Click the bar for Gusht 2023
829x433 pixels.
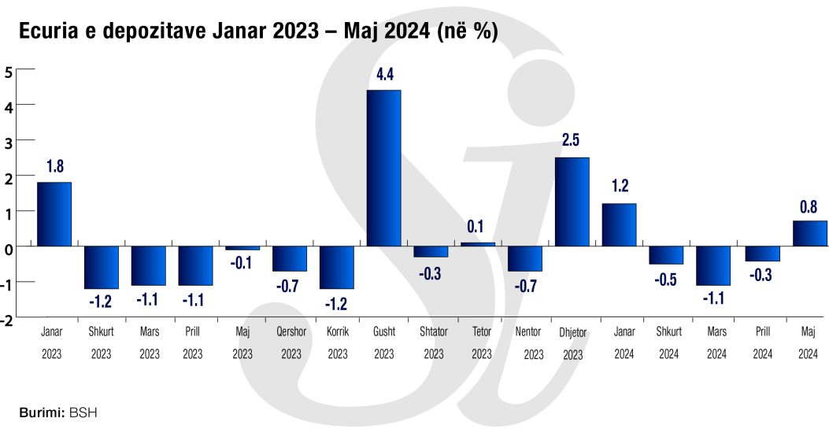point(383,168)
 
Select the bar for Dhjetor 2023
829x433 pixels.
point(572,202)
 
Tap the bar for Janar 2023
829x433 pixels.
point(54,213)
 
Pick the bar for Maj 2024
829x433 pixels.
point(809,233)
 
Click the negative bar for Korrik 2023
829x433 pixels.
point(337,267)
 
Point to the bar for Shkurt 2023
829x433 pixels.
point(102,267)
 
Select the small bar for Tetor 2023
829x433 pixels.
point(478,244)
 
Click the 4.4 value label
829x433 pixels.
point(385,76)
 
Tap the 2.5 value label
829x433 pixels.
point(572,142)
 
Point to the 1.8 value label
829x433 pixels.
point(55,167)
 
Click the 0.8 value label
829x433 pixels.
point(809,207)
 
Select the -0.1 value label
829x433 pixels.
point(242,263)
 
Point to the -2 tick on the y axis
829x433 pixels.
point(7,319)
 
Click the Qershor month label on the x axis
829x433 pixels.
point(290,331)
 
